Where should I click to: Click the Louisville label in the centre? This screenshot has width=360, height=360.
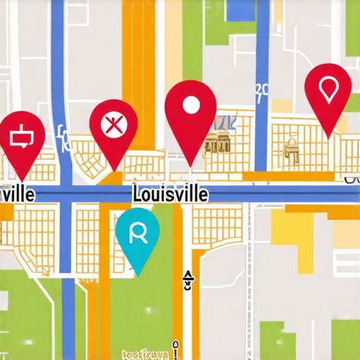pyautogui.click(x=169, y=194)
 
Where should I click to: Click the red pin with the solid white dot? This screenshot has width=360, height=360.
pyautogui.click(x=191, y=112)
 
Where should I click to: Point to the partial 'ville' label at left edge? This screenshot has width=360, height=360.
pyautogui.click(x=17, y=194)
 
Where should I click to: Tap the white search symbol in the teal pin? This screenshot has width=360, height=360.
pyautogui.click(x=137, y=233)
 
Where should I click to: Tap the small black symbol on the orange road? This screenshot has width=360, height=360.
pyautogui.click(x=188, y=280)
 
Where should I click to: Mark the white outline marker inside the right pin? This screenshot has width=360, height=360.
pyautogui.click(x=328, y=88)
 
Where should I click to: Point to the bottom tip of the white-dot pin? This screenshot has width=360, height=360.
pyautogui.click(x=191, y=167)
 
